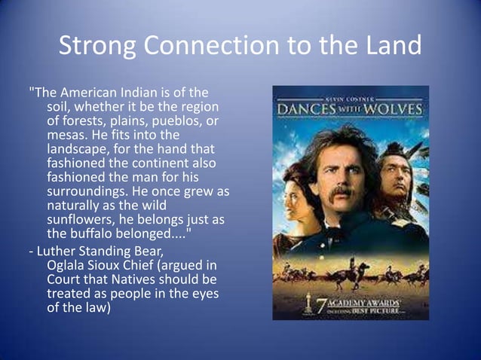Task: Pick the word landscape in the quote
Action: [77, 149]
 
